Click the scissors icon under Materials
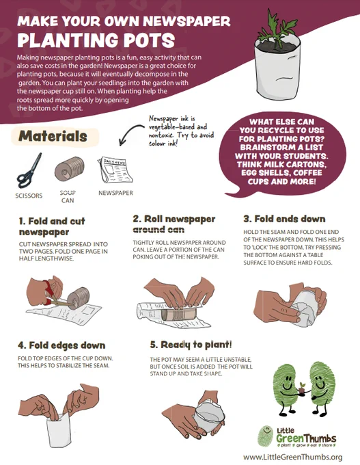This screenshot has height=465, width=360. tap(29, 172)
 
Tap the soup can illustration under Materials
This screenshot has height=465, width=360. tap(70, 169)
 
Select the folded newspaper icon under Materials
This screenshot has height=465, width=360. tap(115, 170)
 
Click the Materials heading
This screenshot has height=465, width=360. tap(53, 136)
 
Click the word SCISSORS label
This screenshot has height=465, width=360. tap(29, 196)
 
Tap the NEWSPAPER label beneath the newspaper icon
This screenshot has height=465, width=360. tap(115, 193)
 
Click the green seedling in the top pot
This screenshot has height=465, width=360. tap(277, 29)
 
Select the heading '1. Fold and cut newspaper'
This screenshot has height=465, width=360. tap(52, 226)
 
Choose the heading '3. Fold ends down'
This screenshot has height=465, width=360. tap(284, 219)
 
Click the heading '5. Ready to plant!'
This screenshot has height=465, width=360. tap(191, 345)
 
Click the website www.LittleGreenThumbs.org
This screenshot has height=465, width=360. tap(293, 457)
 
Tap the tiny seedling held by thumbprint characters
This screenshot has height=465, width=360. tap(302, 388)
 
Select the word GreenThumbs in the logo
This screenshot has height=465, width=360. tap(306, 438)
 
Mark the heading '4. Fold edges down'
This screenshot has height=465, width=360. tap(61, 345)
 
